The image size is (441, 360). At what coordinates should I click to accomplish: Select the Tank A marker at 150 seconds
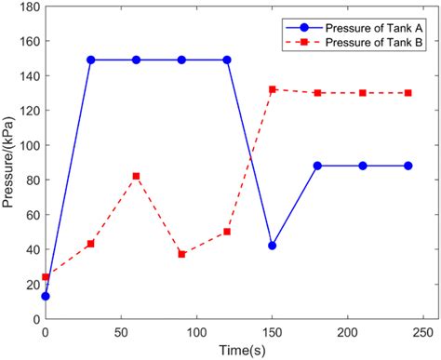tap(272, 246)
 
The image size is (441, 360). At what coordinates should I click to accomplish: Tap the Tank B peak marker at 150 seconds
tap(272, 89)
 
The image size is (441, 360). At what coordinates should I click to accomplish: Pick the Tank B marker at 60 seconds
tap(136, 176)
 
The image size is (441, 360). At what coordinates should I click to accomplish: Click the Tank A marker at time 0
tap(46, 296)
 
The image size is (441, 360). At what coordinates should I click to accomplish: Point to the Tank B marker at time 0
tap(46, 277)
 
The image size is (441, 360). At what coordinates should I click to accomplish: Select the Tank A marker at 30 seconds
tap(91, 60)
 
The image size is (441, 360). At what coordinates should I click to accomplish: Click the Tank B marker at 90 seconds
tap(181, 254)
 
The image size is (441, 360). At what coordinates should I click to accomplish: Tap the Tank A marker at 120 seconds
tap(227, 60)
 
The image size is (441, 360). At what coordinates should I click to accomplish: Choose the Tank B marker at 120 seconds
tap(227, 232)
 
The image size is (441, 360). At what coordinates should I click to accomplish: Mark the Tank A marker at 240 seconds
tap(408, 166)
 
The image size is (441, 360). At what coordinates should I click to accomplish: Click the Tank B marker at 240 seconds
tap(408, 93)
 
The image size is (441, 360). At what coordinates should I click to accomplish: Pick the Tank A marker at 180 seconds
tap(317, 166)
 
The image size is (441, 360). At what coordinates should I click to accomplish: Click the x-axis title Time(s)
tap(234, 349)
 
